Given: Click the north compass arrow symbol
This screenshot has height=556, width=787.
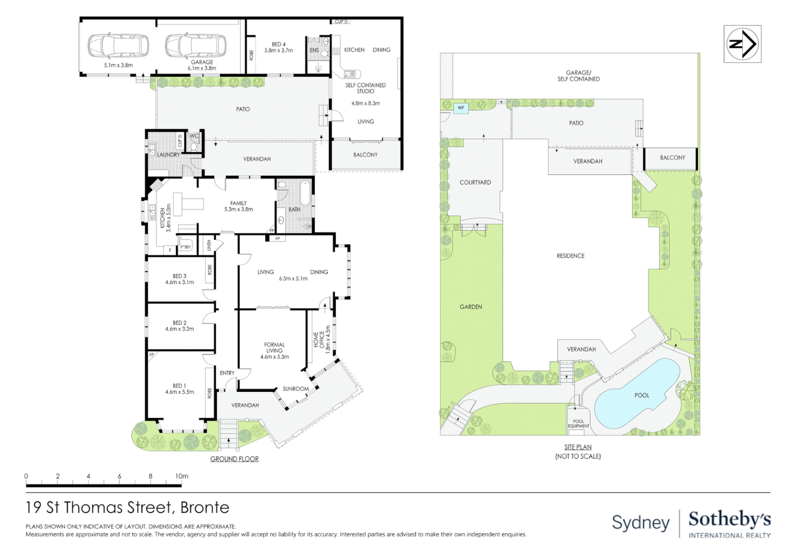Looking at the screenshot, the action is point(742,44).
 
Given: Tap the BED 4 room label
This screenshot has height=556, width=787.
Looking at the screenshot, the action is point(279,44).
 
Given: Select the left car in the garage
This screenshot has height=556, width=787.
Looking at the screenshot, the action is point(118,45).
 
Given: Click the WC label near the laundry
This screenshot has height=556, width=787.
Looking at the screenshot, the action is point(194,136).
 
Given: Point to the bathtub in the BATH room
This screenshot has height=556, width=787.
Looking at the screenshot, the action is point(305,193).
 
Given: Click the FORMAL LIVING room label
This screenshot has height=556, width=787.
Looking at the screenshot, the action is point(275,347).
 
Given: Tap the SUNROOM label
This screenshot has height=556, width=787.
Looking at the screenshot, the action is point(296,389).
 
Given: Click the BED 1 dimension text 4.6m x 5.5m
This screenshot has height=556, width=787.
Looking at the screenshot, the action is point(179,392).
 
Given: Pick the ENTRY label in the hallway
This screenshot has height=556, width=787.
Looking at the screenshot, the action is point(227,373).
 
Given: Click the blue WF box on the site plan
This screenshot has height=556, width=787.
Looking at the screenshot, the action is point(461,108).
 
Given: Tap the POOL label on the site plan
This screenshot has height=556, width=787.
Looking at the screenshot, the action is point(642,395).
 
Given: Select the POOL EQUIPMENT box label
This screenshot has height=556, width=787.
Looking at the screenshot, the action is point(578,424).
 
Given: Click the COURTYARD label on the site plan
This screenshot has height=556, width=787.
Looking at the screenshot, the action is point(475,183).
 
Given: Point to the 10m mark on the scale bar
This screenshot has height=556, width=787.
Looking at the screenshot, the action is point(182,477).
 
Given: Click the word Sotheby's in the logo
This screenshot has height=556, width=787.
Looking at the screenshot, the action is point(730,520).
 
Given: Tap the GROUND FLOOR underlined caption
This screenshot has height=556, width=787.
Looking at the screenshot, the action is point(234,459).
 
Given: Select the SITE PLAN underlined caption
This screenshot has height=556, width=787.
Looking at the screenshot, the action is point(578,447).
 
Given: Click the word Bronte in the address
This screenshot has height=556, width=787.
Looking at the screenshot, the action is point(205,508).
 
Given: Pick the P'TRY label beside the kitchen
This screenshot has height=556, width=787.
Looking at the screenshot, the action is point(185,247).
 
